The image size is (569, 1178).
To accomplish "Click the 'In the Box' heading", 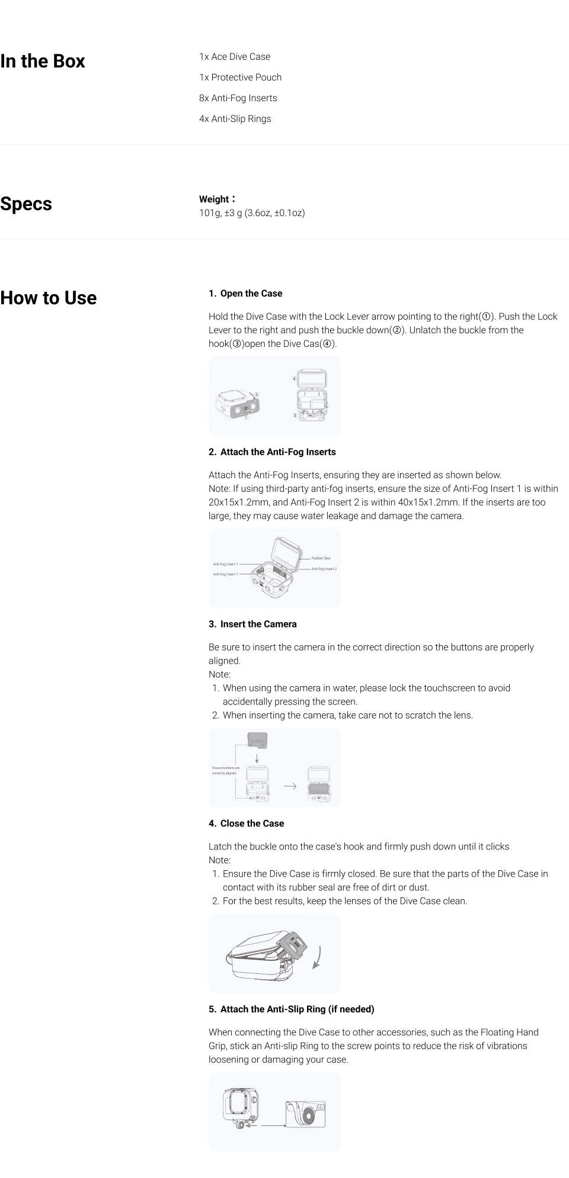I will (x=43, y=61).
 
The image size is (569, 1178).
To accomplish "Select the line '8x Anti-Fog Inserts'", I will (x=238, y=98).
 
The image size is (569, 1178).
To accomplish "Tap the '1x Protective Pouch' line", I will (x=240, y=77).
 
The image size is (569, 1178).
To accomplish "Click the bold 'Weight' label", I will (x=214, y=199).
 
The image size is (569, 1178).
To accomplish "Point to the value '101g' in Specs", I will (x=209, y=213).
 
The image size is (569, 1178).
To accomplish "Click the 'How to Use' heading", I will (x=49, y=298).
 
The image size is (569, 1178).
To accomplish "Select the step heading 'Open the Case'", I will (x=251, y=294).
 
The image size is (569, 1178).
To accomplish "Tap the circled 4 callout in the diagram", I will (x=294, y=378).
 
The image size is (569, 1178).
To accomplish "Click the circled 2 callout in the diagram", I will (x=257, y=394).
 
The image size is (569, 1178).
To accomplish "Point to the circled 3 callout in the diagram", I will (x=295, y=416).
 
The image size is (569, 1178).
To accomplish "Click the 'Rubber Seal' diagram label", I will (x=321, y=558).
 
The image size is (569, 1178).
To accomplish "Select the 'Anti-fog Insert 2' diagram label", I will (x=324, y=569).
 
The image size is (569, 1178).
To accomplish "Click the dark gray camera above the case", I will (x=257, y=739).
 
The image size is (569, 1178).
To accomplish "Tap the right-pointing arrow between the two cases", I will (x=290, y=786).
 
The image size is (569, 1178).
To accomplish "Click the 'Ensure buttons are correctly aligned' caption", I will (x=225, y=770).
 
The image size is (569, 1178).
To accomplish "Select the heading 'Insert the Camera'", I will (x=258, y=624).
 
